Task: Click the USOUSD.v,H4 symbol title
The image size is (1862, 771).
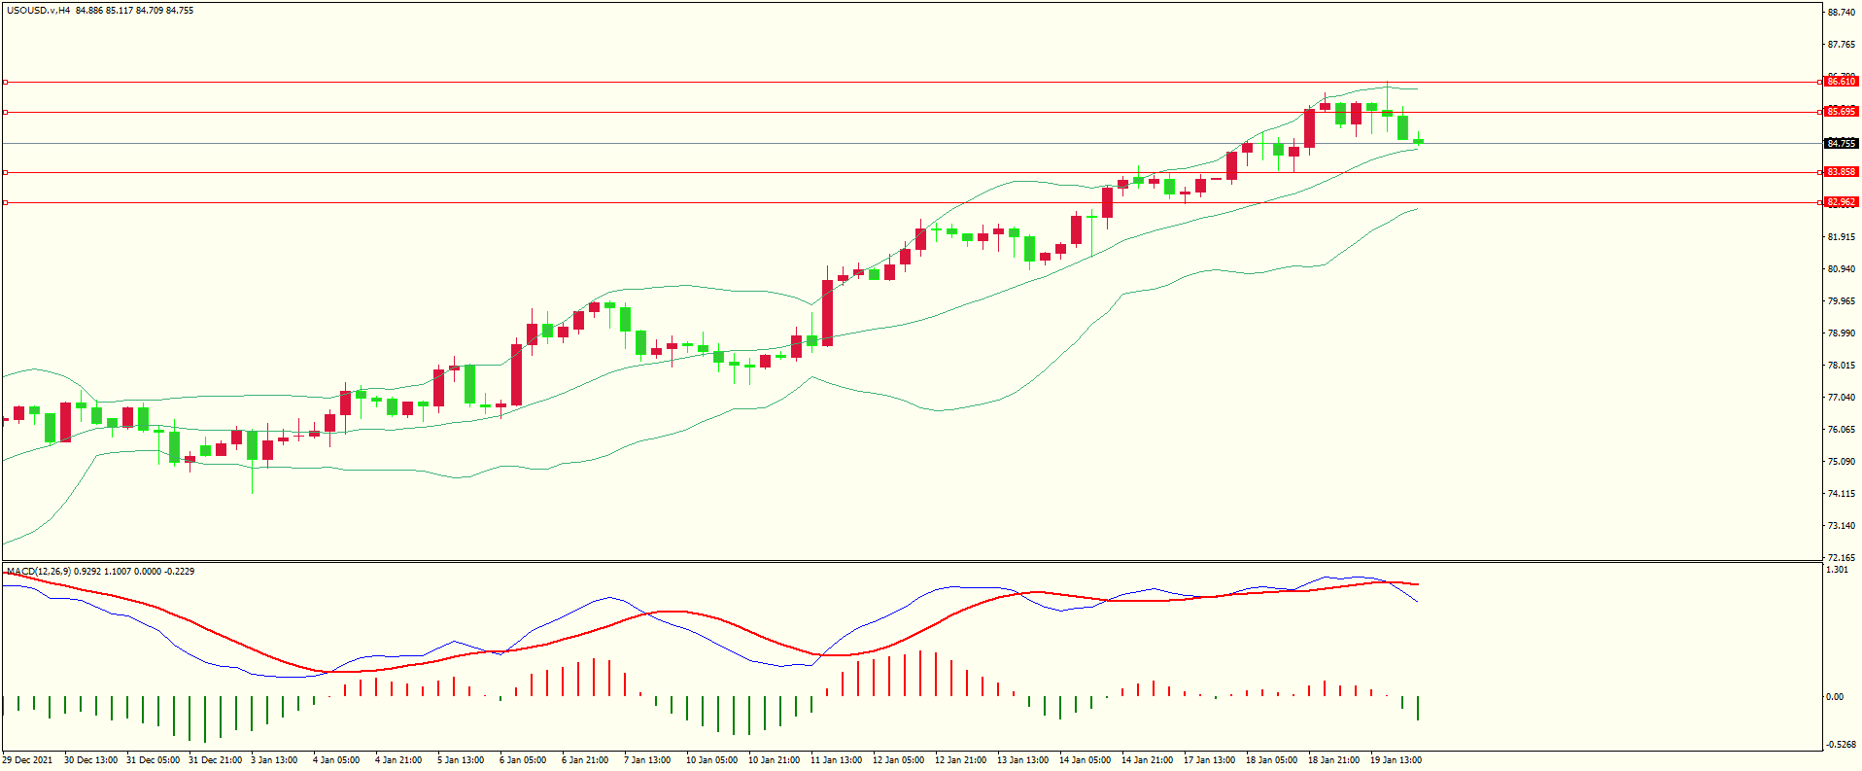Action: [38, 11]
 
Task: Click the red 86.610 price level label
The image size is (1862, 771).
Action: [1841, 82]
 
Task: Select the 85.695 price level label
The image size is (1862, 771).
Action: [1841, 112]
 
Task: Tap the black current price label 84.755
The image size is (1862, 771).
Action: [1841, 144]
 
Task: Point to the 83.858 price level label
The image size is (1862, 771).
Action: [1841, 172]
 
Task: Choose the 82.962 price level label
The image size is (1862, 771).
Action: [1841, 202]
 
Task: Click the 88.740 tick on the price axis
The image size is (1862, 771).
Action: [1841, 13]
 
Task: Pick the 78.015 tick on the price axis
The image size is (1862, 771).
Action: [1841, 366]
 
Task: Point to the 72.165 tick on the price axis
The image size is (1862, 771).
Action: [1841, 558]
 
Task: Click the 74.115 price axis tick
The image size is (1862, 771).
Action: [1841, 494]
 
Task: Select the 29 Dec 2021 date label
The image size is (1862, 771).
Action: [28, 760]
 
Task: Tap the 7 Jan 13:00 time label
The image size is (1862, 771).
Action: [647, 760]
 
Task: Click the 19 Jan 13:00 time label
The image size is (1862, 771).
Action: [1396, 760]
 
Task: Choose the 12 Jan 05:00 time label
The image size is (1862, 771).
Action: [898, 760]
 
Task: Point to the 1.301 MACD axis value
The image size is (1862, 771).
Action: [1837, 570]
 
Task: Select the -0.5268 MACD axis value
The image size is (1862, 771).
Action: [1840, 745]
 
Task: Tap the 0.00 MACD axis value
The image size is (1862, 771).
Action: [1834, 697]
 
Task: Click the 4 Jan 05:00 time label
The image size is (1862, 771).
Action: [336, 760]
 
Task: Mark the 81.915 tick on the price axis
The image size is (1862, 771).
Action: [1841, 237]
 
